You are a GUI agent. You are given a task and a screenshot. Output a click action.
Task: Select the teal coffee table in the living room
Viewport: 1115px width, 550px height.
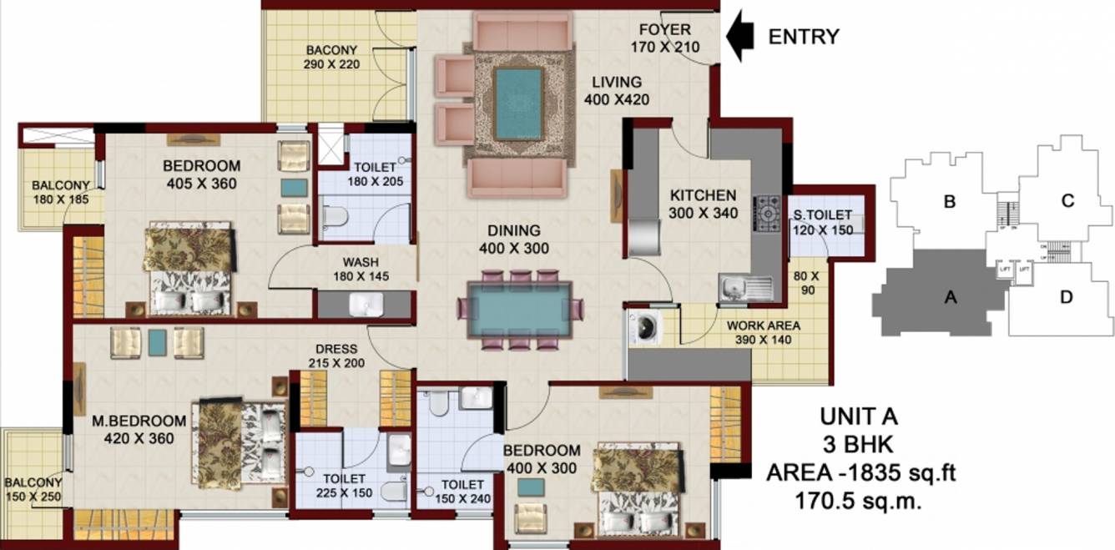click(517, 103)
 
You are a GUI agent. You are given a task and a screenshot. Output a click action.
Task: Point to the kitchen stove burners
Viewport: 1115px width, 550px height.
click(766, 213)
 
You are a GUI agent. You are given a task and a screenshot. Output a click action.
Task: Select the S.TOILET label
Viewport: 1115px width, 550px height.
click(822, 216)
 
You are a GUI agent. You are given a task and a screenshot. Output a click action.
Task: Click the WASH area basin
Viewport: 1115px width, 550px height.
click(364, 305)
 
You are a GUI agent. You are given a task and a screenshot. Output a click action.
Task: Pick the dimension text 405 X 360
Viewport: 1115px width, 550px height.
click(200, 184)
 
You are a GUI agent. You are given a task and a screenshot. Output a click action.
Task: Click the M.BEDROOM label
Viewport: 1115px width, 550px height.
click(139, 420)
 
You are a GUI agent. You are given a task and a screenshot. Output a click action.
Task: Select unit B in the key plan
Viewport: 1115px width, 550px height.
click(949, 201)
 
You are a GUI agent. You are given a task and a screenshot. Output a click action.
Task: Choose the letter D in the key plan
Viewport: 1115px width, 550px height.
click(1065, 296)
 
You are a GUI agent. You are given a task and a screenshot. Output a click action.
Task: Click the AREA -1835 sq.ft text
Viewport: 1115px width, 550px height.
click(860, 474)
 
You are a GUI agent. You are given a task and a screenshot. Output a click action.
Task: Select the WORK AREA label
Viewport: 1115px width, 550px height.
click(763, 325)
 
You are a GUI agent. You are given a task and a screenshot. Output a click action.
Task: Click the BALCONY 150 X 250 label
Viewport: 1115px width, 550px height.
click(33, 490)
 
